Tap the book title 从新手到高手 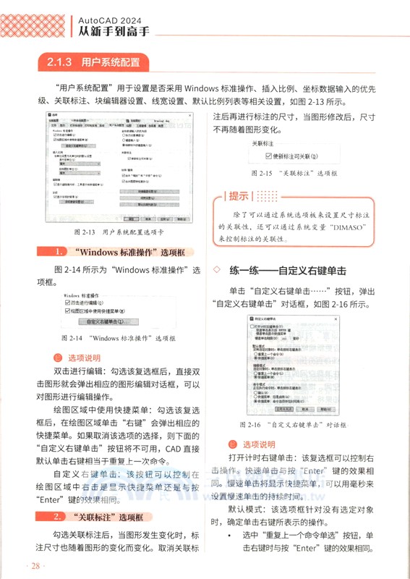114,33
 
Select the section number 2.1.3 57,62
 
